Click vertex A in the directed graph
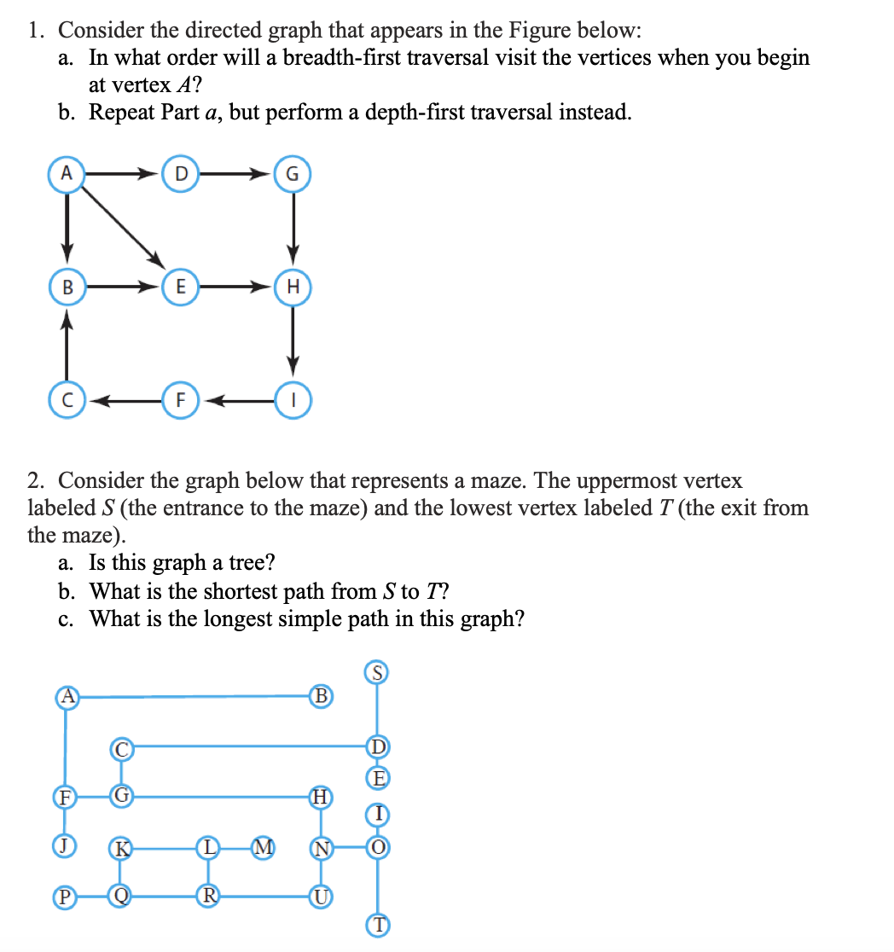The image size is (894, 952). [x=65, y=173]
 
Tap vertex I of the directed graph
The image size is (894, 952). [x=293, y=399]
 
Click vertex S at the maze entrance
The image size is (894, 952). [x=377, y=672]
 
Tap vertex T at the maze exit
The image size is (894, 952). [x=377, y=925]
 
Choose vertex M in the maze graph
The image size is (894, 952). [x=264, y=847]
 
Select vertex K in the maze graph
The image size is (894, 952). [x=121, y=848]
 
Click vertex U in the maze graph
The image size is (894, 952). [x=322, y=896]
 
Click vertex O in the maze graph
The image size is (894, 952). [x=377, y=847]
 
